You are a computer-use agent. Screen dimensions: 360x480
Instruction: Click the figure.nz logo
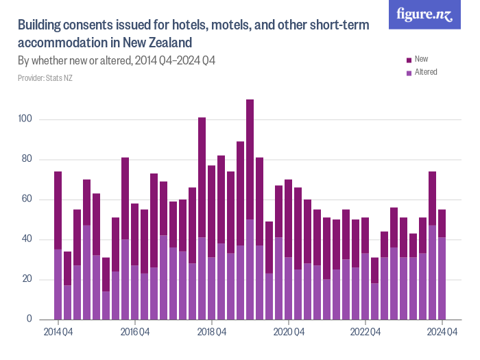tap(424, 15)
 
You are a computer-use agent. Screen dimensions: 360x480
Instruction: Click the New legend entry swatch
tap(409, 60)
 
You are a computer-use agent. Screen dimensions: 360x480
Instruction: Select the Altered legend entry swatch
tap(409, 72)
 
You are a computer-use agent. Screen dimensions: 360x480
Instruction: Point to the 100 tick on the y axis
tap(25, 120)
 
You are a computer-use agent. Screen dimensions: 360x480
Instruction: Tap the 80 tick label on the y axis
tap(27, 160)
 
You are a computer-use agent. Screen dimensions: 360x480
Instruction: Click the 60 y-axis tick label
tap(27, 200)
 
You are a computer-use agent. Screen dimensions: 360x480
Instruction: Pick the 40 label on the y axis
tap(27, 239)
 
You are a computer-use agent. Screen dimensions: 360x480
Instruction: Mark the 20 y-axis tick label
tap(27, 280)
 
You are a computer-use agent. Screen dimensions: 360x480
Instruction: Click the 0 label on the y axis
tap(29, 320)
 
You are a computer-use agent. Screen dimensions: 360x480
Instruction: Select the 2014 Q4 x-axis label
tap(58, 333)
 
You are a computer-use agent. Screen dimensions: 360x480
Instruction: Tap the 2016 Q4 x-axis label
tap(135, 333)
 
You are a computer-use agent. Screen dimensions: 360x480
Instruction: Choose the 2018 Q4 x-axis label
tap(212, 333)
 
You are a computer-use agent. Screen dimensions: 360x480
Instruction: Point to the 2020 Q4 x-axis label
tap(289, 333)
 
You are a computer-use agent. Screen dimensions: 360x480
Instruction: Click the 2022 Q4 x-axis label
tap(365, 333)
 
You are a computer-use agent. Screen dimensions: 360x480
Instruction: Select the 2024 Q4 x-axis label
tap(442, 333)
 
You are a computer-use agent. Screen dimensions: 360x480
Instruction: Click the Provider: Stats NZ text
tap(45, 78)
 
